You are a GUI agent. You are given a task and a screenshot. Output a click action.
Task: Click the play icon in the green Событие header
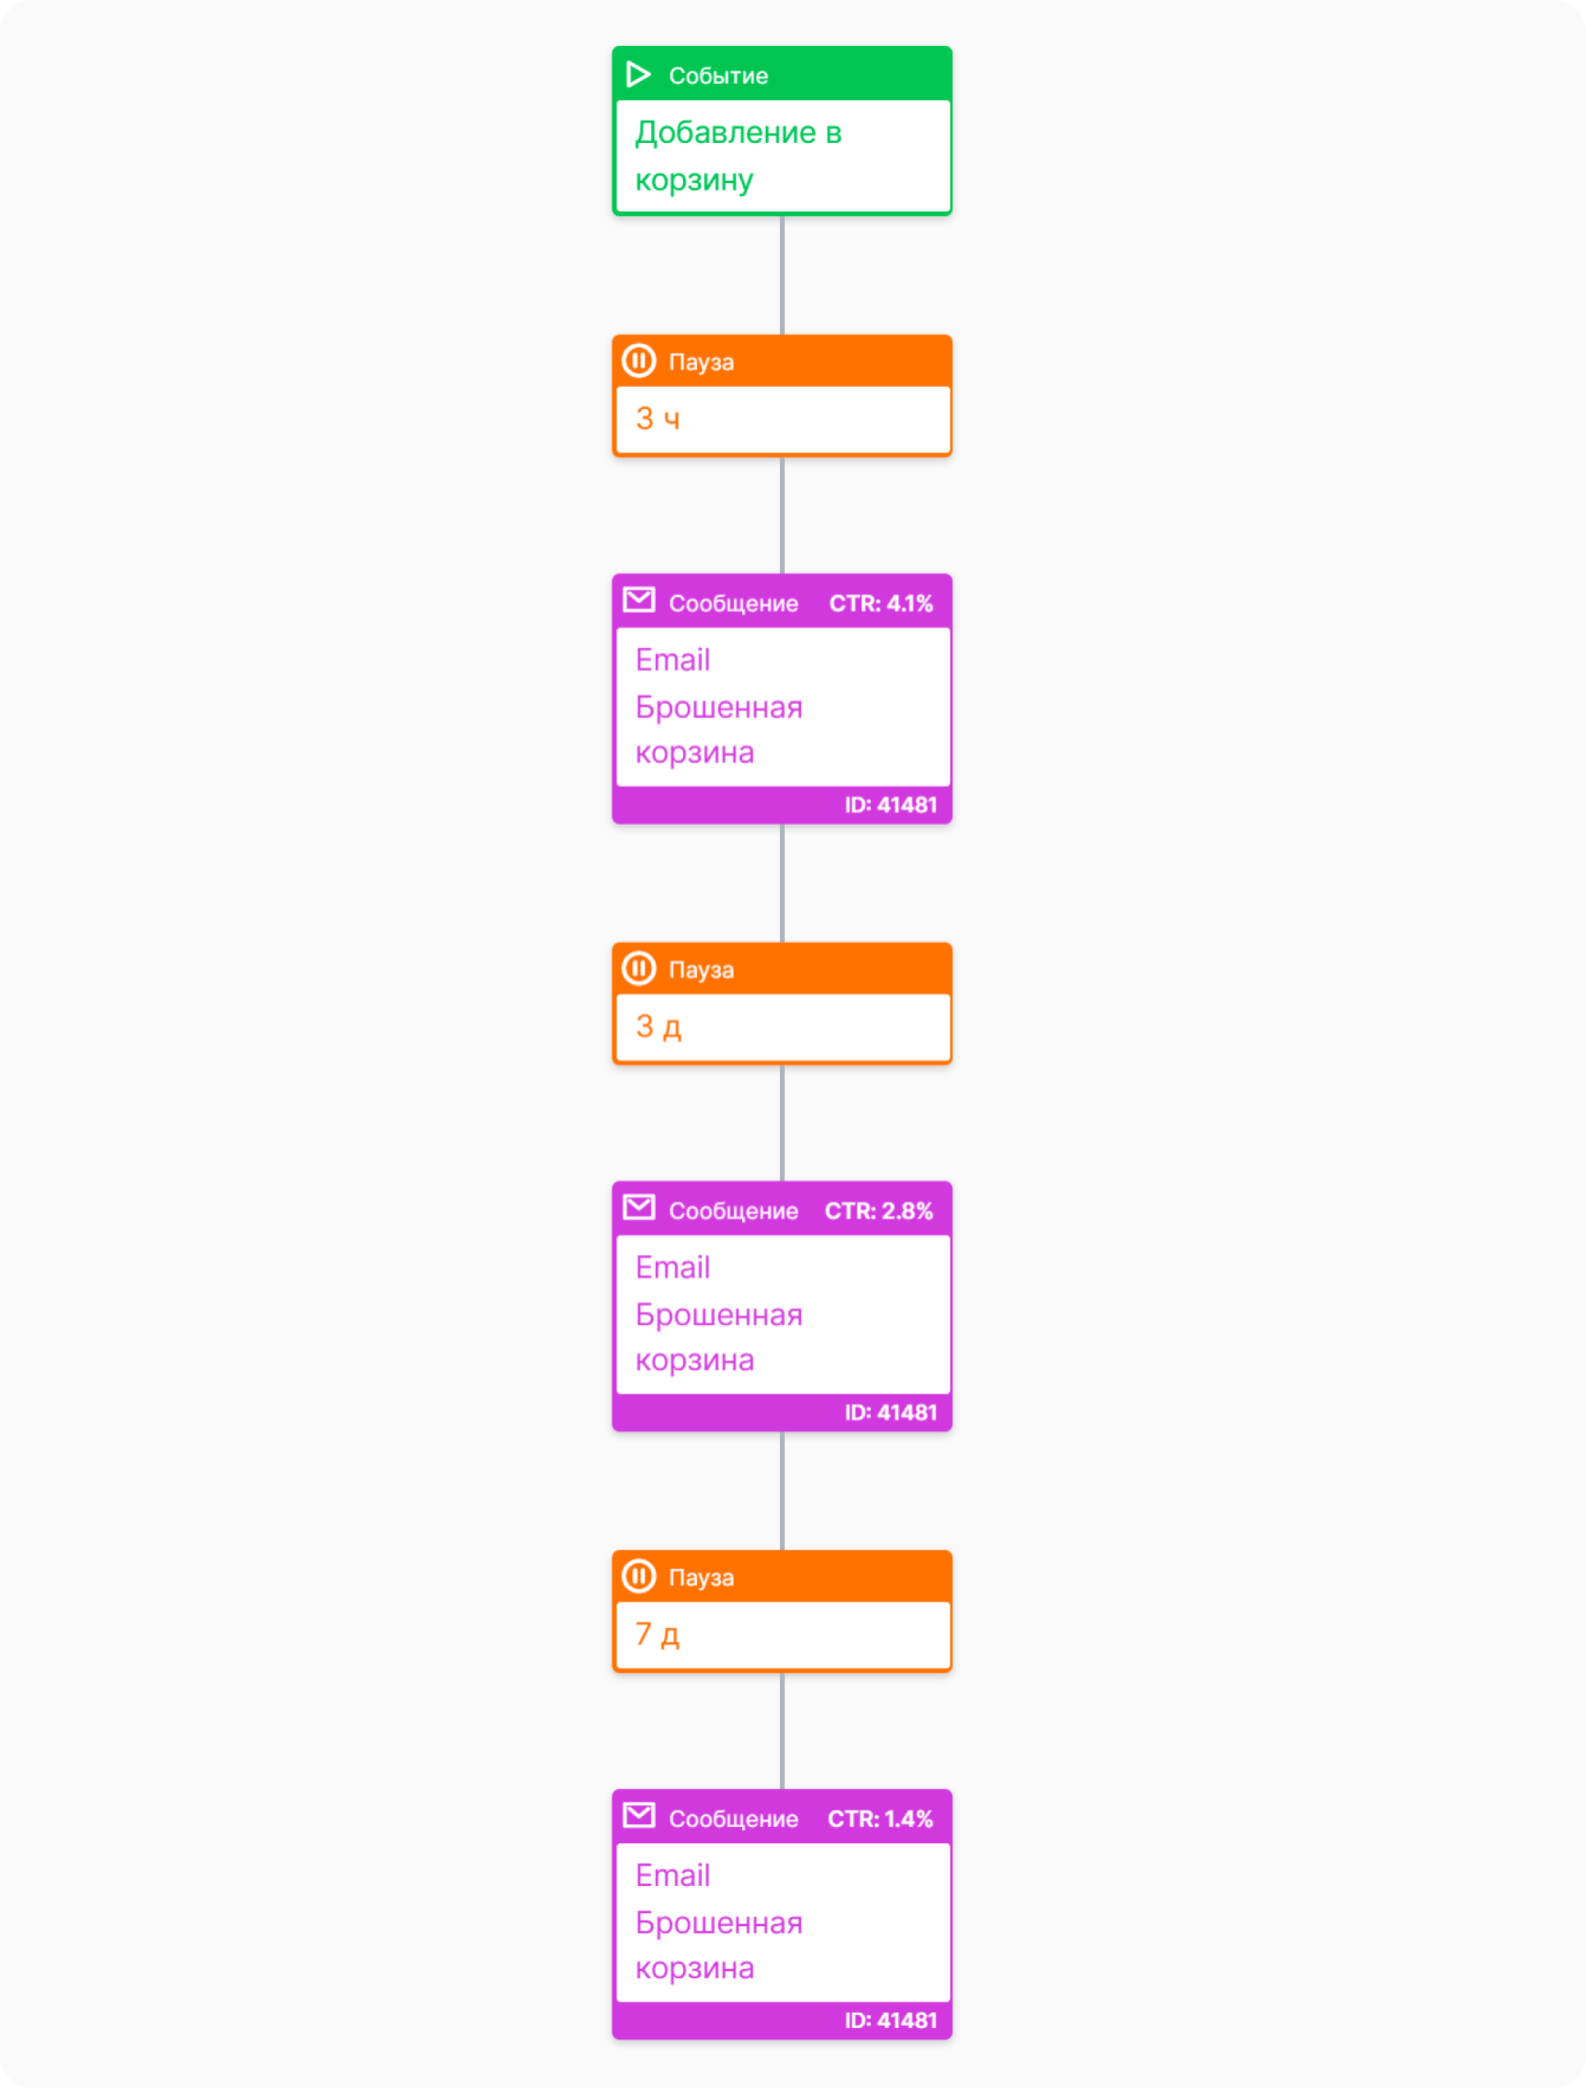tap(638, 74)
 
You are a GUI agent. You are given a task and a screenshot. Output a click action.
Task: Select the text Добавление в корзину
tap(738, 156)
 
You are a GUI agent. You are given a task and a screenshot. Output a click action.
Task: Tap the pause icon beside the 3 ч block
tap(639, 361)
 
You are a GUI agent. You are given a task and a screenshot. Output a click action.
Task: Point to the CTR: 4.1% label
tap(881, 604)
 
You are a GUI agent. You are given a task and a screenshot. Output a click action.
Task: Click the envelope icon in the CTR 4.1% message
tap(639, 600)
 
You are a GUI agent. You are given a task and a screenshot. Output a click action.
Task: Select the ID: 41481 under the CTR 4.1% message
tap(890, 805)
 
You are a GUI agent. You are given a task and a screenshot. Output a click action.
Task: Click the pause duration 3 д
tap(658, 1027)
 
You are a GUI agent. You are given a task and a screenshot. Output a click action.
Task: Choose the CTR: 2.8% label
tap(879, 1211)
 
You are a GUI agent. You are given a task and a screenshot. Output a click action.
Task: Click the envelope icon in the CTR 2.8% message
tap(639, 1207)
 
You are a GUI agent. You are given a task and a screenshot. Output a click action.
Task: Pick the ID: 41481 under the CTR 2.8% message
tap(890, 1412)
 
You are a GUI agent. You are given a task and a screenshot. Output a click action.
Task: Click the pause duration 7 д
tap(657, 1634)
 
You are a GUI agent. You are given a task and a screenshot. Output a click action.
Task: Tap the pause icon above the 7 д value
tap(639, 1575)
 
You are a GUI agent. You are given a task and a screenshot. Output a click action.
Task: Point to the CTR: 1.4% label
tap(880, 1819)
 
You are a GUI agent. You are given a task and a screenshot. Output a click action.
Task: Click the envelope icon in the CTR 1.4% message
tap(639, 1815)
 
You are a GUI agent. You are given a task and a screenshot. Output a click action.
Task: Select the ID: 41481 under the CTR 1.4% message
tap(890, 2020)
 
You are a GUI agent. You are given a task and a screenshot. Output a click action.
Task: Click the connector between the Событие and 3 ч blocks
tap(782, 275)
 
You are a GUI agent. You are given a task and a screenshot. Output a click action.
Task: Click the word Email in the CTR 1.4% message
tap(672, 1874)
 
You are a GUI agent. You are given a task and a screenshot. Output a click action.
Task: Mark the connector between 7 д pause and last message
tap(782, 1730)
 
